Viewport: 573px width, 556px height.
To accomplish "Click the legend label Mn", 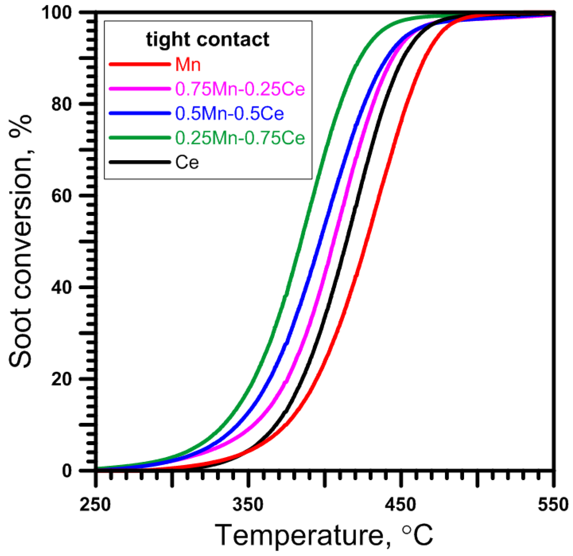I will tap(188, 64).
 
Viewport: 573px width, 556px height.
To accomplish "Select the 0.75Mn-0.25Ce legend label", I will tap(240, 89).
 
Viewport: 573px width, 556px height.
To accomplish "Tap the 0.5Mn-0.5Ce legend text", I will tap(229, 113).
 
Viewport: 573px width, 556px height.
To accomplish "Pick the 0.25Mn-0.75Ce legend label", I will tap(240, 138).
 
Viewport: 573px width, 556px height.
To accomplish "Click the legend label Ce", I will tap(187, 162).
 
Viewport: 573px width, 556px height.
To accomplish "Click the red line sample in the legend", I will tap(140, 64).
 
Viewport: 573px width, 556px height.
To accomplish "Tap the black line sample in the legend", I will tap(140, 162).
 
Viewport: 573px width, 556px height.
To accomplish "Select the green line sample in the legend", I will tap(140, 138).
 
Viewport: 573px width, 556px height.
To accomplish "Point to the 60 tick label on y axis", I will tap(61, 196).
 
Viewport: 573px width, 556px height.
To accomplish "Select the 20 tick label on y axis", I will tap(61, 379).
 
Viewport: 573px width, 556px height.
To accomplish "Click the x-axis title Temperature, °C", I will tap(324, 535).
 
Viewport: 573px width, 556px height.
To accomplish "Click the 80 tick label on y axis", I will tap(61, 104).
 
